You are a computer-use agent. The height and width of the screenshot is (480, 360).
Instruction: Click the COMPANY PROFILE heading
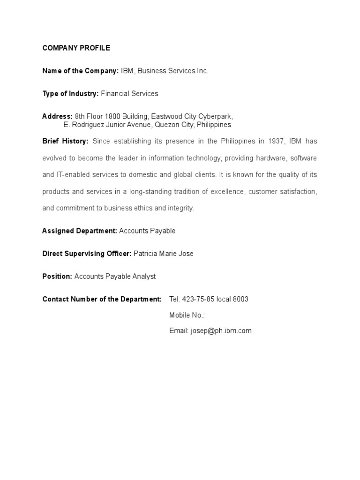pos(76,48)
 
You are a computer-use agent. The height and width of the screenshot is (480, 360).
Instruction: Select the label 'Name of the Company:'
pos(80,71)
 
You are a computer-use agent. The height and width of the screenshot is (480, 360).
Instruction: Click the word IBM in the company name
pos(127,71)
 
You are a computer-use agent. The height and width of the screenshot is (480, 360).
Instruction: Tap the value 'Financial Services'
pos(129,94)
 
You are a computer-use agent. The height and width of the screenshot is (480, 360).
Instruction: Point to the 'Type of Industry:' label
pos(70,94)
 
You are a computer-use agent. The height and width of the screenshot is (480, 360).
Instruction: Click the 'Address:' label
pos(57,116)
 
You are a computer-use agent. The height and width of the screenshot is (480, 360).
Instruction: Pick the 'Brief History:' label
pos(65,141)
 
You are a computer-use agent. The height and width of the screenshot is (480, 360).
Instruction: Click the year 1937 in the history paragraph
pos(276,141)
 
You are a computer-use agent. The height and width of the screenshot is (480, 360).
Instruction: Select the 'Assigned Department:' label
pos(80,231)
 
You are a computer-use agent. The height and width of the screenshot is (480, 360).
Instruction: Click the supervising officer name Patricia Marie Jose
pos(163,254)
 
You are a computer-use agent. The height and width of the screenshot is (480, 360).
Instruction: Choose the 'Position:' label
pos(57,277)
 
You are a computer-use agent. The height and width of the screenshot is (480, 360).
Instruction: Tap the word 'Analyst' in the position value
pos(143,277)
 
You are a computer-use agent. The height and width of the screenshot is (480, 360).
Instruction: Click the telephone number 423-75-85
pos(198,299)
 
